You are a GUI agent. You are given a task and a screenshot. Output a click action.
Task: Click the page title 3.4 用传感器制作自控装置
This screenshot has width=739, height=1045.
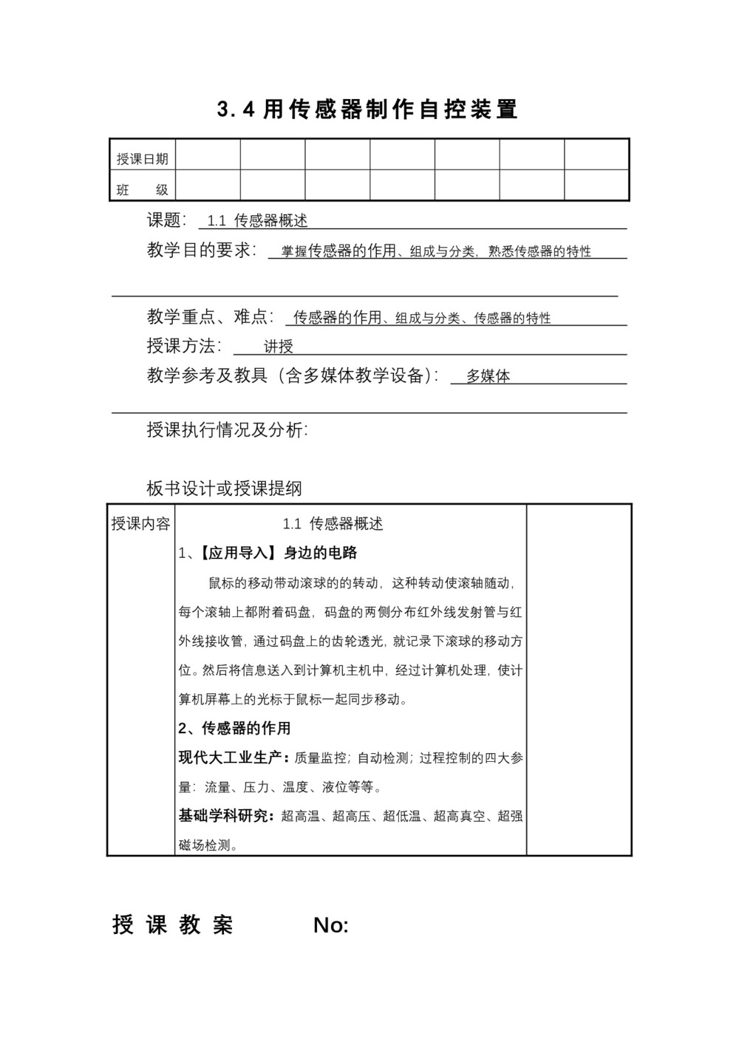pyautogui.click(x=368, y=110)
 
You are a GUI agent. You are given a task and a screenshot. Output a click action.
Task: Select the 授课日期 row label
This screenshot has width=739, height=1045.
pyautogui.click(x=142, y=159)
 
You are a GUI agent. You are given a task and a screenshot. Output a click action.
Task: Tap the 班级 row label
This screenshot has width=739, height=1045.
pyautogui.click(x=142, y=190)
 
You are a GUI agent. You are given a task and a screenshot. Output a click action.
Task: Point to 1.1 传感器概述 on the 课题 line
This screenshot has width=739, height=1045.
pyautogui.click(x=257, y=220)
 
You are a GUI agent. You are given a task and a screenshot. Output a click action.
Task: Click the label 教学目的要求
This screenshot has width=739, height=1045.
pyautogui.click(x=201, y=251)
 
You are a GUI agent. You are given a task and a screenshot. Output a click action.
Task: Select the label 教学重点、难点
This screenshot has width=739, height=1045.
pyautogui.click(x=210, y=317)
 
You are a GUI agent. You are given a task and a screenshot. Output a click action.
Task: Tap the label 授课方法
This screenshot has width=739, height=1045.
pyautogui.click(x=184, y=346)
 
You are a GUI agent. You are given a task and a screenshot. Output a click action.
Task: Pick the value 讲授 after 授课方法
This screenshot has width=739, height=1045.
pyautogui.click(x=279, y=347)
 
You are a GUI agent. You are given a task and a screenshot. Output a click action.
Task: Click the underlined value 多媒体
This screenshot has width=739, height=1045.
pyautogui.click(x=488, y=376)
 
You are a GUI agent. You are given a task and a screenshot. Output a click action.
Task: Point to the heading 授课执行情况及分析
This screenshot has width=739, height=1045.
pyautogui.click(x=228, y=430)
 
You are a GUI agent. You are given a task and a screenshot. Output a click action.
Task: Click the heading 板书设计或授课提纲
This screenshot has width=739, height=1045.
pyautogui.click(x=225, y=489)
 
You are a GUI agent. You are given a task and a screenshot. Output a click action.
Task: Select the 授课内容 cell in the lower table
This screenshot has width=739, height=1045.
pyautogui.click(x=140, y=524)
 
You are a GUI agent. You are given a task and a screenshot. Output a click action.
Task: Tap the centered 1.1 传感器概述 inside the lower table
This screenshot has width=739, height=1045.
pyautogui.click(x=333, y=524)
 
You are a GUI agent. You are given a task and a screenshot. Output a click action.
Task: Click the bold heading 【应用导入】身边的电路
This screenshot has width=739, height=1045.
pyautogui.click(x=274, y=553)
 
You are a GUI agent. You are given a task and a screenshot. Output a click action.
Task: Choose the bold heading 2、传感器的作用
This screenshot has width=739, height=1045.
pyautogui.click(x=235, y=728)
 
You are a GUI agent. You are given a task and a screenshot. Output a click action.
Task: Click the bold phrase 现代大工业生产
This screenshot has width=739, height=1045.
pyautogui.click(x=230, y=758)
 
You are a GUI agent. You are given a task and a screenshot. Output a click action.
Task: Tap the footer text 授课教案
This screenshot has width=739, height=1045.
pyautogui.click(x=173, y=925)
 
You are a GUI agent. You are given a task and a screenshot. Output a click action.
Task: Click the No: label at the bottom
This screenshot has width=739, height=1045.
pyautogui.click(x=331, y=925)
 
